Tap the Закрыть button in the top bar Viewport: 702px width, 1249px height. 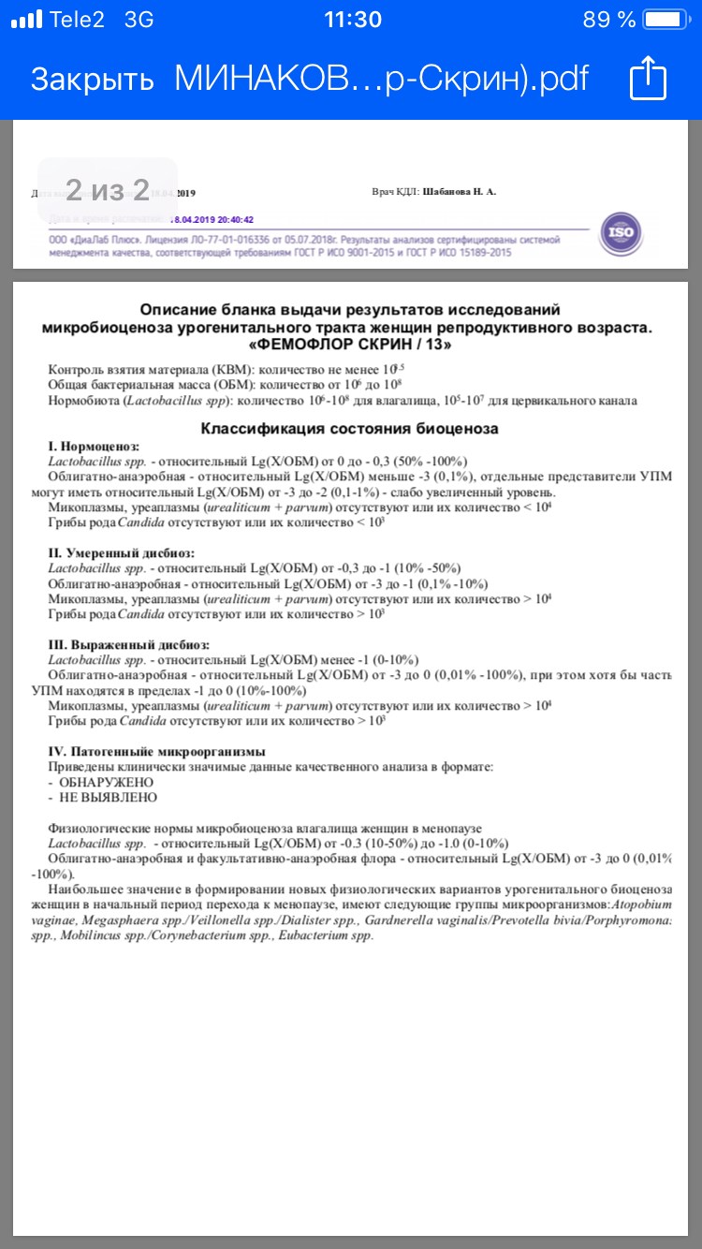[x=92, y=80]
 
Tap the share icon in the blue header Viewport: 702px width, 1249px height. [x=647, y=78]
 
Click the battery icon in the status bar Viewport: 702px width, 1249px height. [x=669, y=20]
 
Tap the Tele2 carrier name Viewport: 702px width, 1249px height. [x=77, y=20]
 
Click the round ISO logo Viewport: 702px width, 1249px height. [x=622, y=231]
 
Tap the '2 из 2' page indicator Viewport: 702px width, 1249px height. [x=108, y=190]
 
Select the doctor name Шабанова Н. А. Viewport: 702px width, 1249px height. [x=460, y=192]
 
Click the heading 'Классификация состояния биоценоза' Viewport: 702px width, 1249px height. [x=350, y=429]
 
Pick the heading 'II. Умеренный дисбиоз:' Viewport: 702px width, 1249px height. [x=121, y=553]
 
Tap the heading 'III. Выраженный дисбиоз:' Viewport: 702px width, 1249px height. [x=129, y=645]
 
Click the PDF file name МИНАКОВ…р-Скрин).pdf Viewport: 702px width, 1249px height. [x=382, y=80]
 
